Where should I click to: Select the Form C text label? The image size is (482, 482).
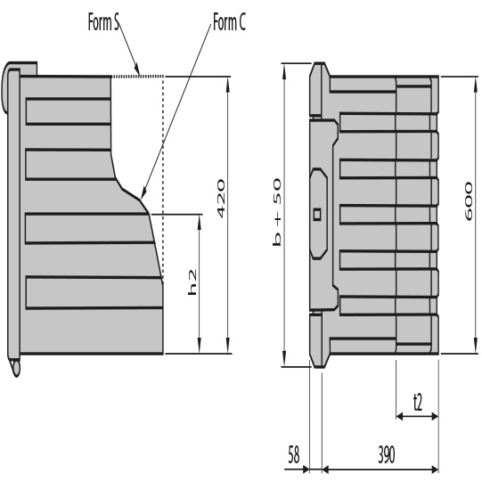coord(230,20)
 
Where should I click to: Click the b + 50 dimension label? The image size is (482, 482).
coord(277,212)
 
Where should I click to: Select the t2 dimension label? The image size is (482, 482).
coord(417,401)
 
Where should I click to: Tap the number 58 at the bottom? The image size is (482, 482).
coord(294,453)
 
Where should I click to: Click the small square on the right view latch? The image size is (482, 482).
coord(317,214)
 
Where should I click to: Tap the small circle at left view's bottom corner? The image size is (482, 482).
coord(15,366)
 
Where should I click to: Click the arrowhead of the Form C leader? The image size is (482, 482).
coord(143,193)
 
